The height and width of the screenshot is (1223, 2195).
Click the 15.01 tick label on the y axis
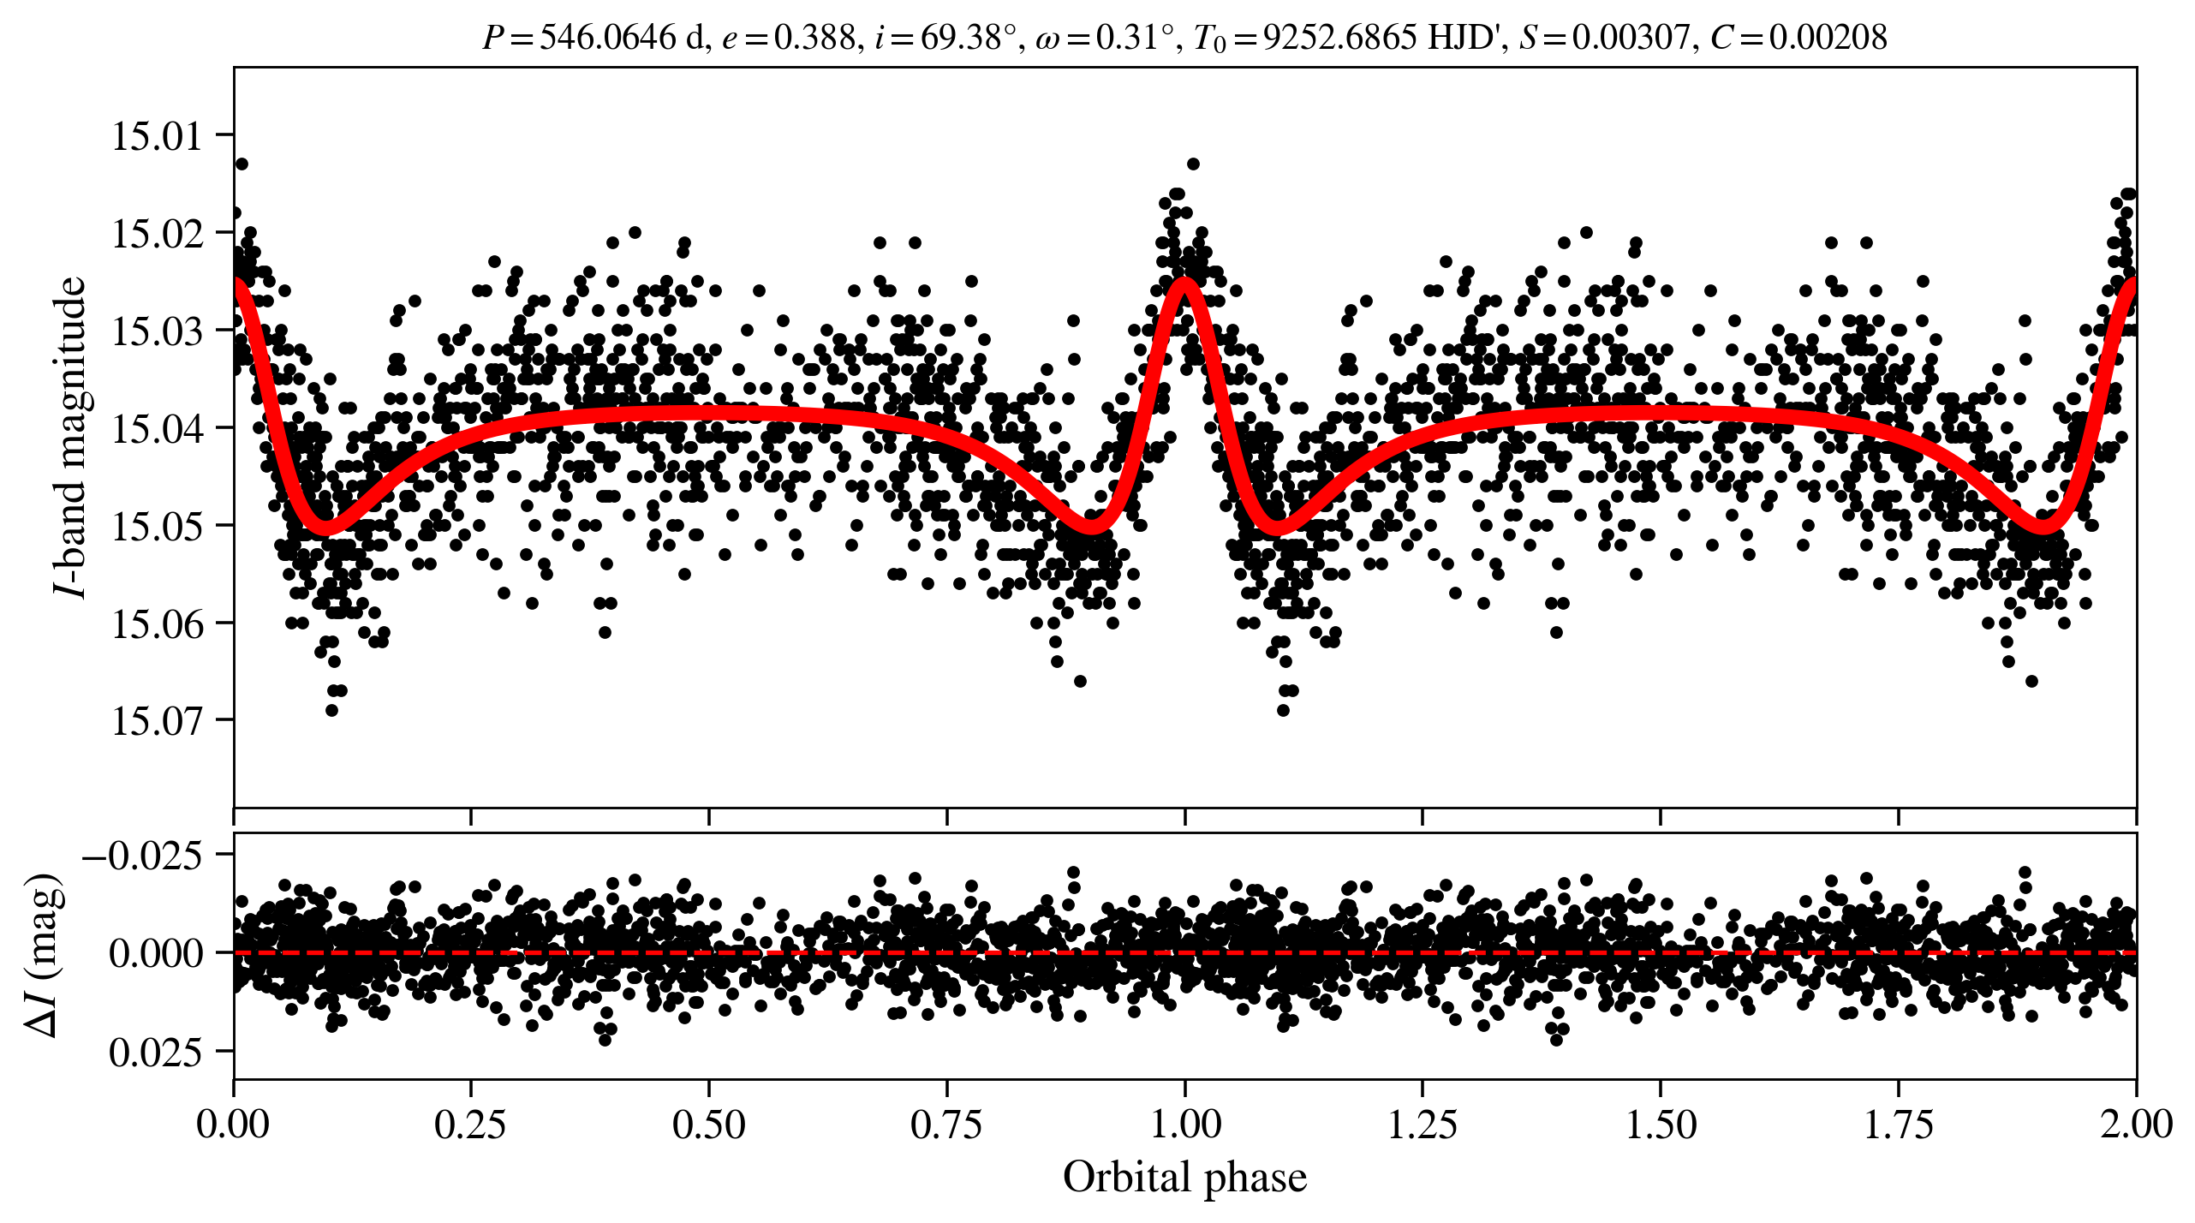pyautogui.click(x=158, y=136)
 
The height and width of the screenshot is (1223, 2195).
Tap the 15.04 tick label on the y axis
pyautogui.click(x=158, y=428)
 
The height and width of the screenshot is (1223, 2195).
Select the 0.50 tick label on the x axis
pyautogui.click(x=708, y=1124)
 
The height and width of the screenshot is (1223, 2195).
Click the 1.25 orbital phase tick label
pyautogui.click(x=1422, y=1124)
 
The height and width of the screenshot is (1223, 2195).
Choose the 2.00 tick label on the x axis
pyautogui.click(x=2135, y=1124)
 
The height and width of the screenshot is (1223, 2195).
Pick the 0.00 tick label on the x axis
pyautogui.click(x=233, y=1124)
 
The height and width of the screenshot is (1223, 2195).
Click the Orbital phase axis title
pyautogui.click(x=1184, y=1178)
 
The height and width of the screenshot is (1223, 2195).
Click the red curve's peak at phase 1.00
pyautogui.click(x=1185, y=283)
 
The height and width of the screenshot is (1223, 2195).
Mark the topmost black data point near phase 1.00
pyautogui.click(x=1193, y=164)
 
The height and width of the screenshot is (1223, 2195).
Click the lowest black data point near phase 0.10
pyautogui.click(x=332, y=710)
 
